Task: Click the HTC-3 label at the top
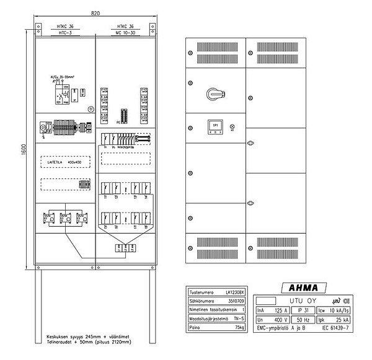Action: click(65, 33)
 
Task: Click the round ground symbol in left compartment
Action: click(91, 110)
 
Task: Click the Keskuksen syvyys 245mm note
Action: click(80, 336)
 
